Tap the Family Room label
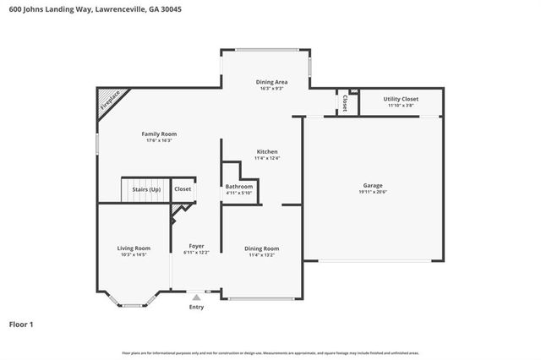point(159,134)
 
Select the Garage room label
point(373,185)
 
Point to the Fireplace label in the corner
point(111,101)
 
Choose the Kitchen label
point(267,151)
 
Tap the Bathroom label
point(239,186)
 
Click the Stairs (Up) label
point(146,189)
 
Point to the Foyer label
point(196,247)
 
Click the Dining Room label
point(262,248)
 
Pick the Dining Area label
point(271,81)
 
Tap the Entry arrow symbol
point(196,296)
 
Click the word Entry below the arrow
point(196,307)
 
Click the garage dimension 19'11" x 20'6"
point(373,192)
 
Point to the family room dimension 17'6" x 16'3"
point(159,140)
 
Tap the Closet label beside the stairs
point(183,189)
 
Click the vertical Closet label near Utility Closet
point(345,102)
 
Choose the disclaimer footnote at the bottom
point(270,352)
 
